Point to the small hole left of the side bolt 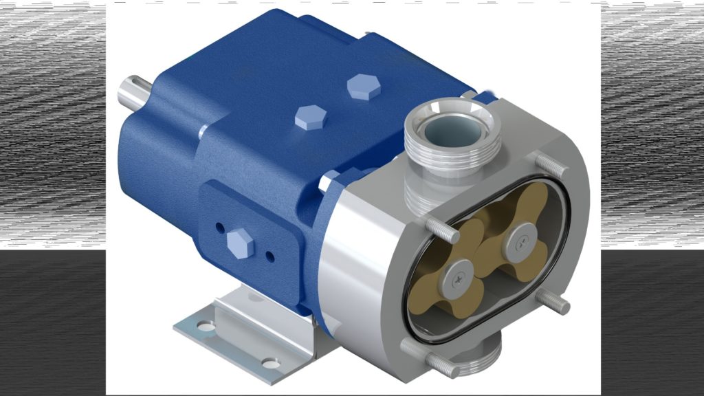pyautogui.click(x=219, y=227)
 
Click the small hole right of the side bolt pyautogui.click(x=270, y=257)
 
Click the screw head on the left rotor pyautogui.click(x=456, y=278)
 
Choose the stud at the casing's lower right pyautogui.click(x=555, y=302)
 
